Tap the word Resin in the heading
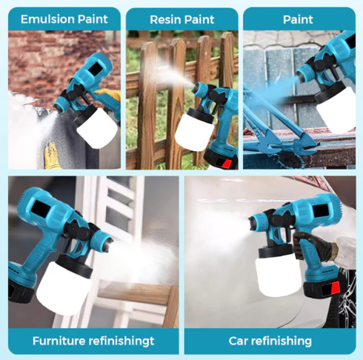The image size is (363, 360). (x=163, y=20)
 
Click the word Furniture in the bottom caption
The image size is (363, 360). (x=59, y=341)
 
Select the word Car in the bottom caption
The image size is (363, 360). (x=238, y=341)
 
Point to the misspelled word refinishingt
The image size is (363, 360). (x=121, y=341)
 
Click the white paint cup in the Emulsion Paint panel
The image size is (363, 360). (x=97, y=127)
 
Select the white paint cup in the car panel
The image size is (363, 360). (x=278, y=275)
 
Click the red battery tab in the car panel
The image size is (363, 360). (x=336, y=288)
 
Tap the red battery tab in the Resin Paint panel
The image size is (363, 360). (x=227, y=164)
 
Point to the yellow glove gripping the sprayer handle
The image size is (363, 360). (x=109, y=95)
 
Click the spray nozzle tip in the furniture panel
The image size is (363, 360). (x=110, y=244)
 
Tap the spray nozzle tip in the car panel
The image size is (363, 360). (x=252, y=224)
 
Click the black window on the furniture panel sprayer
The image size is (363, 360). (x=41, y=209)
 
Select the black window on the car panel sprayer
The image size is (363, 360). (x=320, y=210)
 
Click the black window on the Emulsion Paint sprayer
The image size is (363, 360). (x=94, y=69)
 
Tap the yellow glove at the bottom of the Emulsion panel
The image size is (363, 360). (x=52, y=156)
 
